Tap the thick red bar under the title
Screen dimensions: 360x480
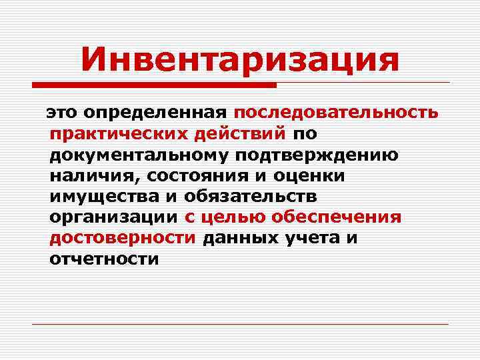(x=154, y=85)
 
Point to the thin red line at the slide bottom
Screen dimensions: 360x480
(x=240, y=324)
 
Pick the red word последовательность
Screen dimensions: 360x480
(x=336, y=113)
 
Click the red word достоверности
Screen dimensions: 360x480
(x=123, y=238)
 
